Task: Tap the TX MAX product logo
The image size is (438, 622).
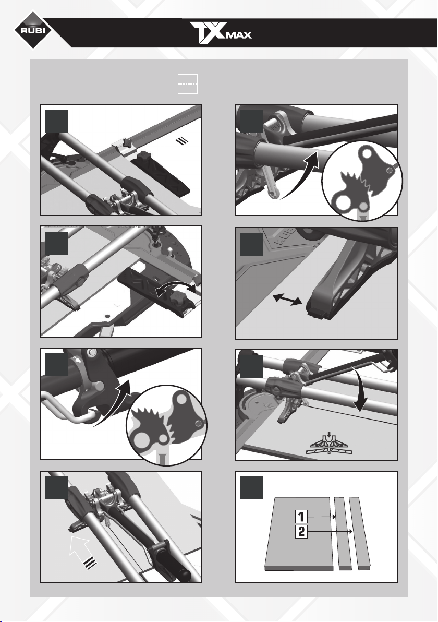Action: (x=221, y=33)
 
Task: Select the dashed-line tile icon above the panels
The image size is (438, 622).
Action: (x=188, y=83)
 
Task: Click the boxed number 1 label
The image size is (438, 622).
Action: (x=301, y=517)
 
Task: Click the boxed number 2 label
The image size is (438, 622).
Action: (x=301, y=532)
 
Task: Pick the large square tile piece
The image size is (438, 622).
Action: (x=299, y=533)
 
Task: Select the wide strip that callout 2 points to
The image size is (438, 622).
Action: (x=359, y=533)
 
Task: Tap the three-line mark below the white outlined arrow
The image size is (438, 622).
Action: (x=91, y=563)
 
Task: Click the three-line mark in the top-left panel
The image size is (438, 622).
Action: (x=181, y=141)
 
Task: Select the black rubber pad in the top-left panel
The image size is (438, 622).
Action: (x=161, y=173)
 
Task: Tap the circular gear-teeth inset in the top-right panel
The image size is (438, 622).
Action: (x=362, y=181)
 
